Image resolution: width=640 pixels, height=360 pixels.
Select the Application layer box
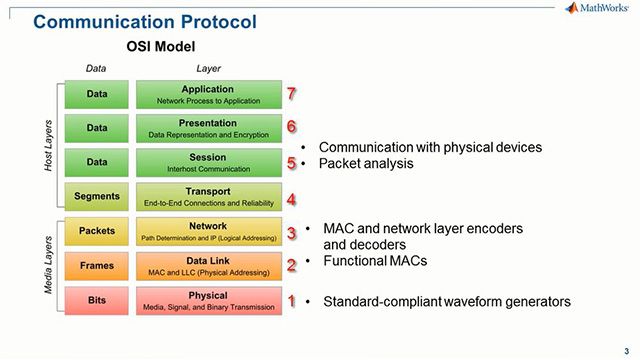pos(207,94)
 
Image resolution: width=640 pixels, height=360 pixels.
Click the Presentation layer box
pos(207,128)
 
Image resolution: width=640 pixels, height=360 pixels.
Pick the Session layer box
pos(207,163)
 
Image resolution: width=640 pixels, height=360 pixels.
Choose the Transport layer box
pos(207,197)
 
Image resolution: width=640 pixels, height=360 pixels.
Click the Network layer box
pos(207,231)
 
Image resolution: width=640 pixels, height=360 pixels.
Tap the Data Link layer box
pos(207,266)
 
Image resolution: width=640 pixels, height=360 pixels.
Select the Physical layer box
pos(207,300)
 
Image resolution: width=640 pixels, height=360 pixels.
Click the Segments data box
pos(97,197)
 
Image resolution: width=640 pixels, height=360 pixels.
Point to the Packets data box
pos(97,231)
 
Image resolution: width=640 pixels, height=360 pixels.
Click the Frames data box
pos(97,266)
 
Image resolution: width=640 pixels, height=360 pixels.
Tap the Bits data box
pos(97,300)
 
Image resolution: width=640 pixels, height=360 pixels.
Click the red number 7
pos(291,94)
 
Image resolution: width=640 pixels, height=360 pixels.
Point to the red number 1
pos(291,300)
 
